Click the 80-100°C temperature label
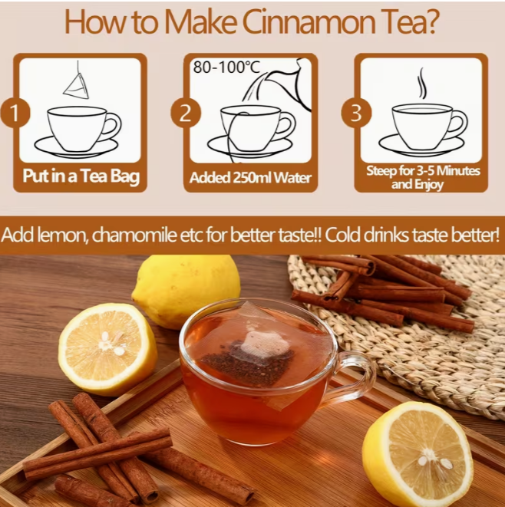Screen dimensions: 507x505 226,67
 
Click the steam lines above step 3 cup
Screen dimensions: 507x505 421,83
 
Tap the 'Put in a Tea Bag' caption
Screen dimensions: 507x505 81,178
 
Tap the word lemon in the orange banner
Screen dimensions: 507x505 56,235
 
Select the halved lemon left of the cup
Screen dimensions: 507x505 107,348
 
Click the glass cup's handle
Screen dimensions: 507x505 357,376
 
